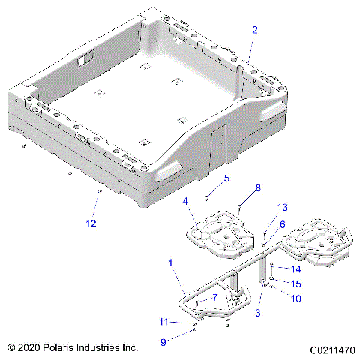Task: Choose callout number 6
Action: (283, 224)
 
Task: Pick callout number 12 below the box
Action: (91, 224)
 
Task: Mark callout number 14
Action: (295, 268)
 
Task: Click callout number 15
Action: (295, 283)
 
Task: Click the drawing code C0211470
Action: (329, 349)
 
